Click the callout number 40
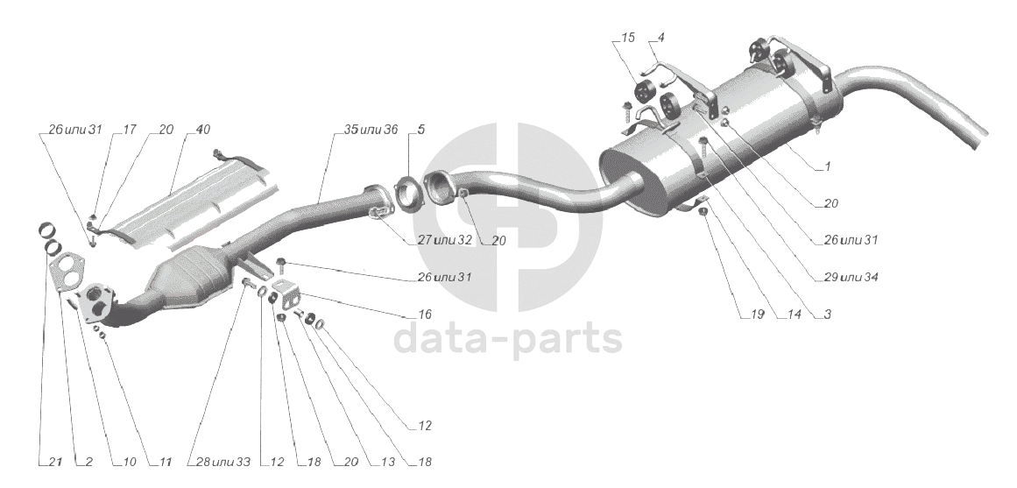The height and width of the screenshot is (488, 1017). (202, 130)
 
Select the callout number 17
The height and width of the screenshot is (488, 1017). (130, 130)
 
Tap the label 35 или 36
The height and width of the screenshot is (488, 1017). (371, 130)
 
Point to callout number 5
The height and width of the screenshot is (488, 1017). (420, 130)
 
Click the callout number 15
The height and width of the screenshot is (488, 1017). (628, 39)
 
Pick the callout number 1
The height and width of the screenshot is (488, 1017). (829, 166)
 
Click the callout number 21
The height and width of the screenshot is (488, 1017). (54, 461)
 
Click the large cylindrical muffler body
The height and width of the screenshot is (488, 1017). (718, 153)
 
